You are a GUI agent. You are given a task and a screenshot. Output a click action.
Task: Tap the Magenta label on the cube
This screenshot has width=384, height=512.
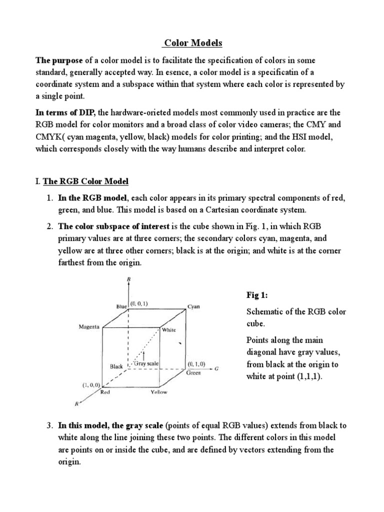89,326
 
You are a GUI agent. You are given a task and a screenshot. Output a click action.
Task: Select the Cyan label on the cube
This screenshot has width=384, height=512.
193,306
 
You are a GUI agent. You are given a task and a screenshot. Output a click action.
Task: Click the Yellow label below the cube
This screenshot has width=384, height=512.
159,392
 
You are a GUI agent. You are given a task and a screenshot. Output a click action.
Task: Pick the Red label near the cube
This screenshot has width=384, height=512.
105,392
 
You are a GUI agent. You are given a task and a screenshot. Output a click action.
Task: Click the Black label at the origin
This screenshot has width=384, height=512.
116,366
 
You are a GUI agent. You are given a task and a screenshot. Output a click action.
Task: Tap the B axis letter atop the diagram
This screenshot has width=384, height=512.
129,280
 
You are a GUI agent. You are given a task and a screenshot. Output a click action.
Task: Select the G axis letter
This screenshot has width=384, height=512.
217,369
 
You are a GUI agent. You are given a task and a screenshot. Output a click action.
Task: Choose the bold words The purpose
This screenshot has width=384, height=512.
58,60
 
